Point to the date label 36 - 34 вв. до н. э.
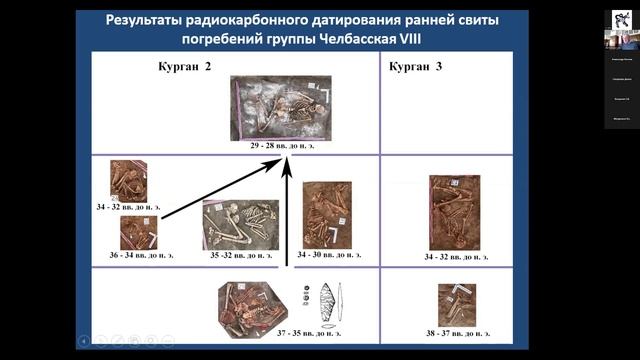(x=135, y=255)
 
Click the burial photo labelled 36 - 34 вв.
(x=138, y=232)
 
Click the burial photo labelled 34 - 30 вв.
(x=327, y=214)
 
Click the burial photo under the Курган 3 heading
(x=454, y=212)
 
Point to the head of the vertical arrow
(x=287, y=159)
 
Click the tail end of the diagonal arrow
(x=162, y=216)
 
